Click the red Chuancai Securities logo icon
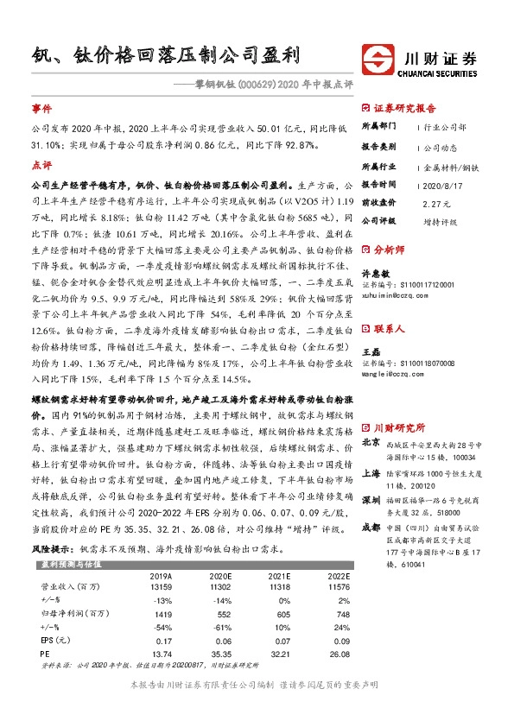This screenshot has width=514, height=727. pos(378,61)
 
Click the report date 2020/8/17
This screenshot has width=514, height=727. pos(438,184)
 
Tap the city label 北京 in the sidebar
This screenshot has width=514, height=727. pos(371,442)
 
